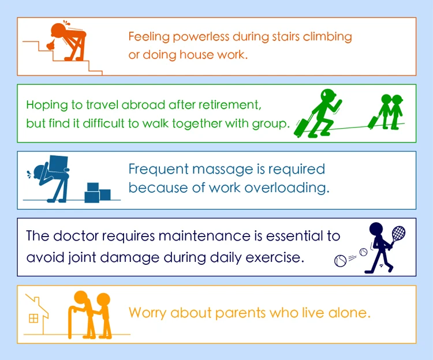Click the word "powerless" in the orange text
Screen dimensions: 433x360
201,37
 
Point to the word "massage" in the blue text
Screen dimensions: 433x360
222,170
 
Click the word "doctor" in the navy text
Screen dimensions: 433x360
76,236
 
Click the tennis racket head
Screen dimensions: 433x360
398,233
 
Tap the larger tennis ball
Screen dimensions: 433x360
340,261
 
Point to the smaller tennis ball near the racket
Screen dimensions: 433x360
363,252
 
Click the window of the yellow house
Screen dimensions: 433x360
33,318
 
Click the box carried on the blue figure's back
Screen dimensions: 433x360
58,164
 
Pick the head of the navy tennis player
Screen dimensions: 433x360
376,230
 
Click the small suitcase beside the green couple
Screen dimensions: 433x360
373,122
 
